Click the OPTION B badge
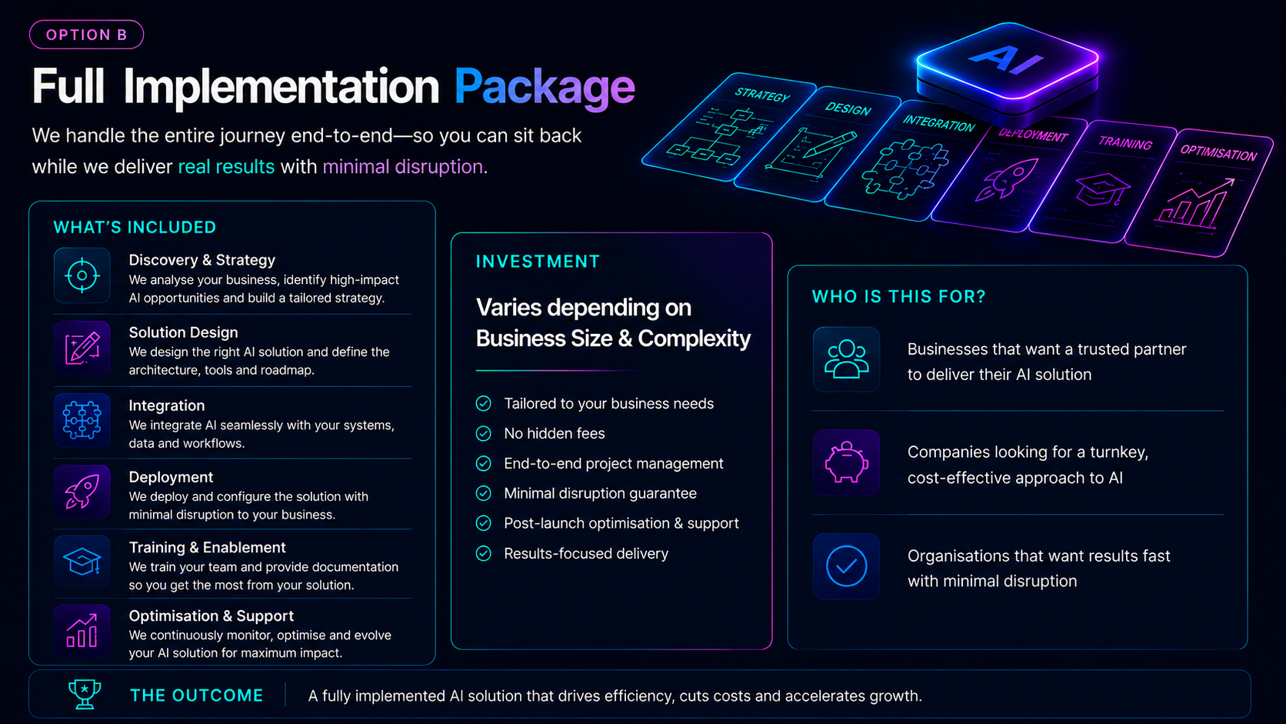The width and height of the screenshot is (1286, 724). [x=86, y=35]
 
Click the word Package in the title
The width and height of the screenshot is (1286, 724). [x=545, y=87]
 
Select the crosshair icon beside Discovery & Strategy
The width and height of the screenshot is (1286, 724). [x=82, y=275]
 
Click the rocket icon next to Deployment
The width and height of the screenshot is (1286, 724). [x=82, y=492]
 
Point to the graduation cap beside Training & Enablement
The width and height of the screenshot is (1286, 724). [x=82, y=562]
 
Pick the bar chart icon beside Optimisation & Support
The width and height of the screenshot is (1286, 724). [x=82, y=631]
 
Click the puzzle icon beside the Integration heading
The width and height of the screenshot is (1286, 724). [x=82, y=420]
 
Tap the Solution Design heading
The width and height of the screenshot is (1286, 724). [x=183, y=332]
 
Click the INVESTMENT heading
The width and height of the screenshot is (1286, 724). [x=538, y=262]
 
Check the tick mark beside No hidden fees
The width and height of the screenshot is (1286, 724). [x=483, y=433]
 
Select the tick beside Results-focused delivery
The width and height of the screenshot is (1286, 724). [x=483, y=553]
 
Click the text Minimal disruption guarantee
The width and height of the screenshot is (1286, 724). [x=600, y=493]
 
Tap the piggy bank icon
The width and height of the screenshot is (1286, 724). [x=846, y=462]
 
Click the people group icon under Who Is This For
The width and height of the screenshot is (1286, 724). [x=846, y=359]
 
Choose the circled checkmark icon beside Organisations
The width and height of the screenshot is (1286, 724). [x=846, y=566]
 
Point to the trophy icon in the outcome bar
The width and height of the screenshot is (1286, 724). [x=85, y=694]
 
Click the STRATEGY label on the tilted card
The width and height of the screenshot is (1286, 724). [x=762, y=95]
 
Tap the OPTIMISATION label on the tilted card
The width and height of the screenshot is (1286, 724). [x=1218, y=152]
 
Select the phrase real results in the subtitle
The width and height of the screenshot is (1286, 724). [x=226, y=166]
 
